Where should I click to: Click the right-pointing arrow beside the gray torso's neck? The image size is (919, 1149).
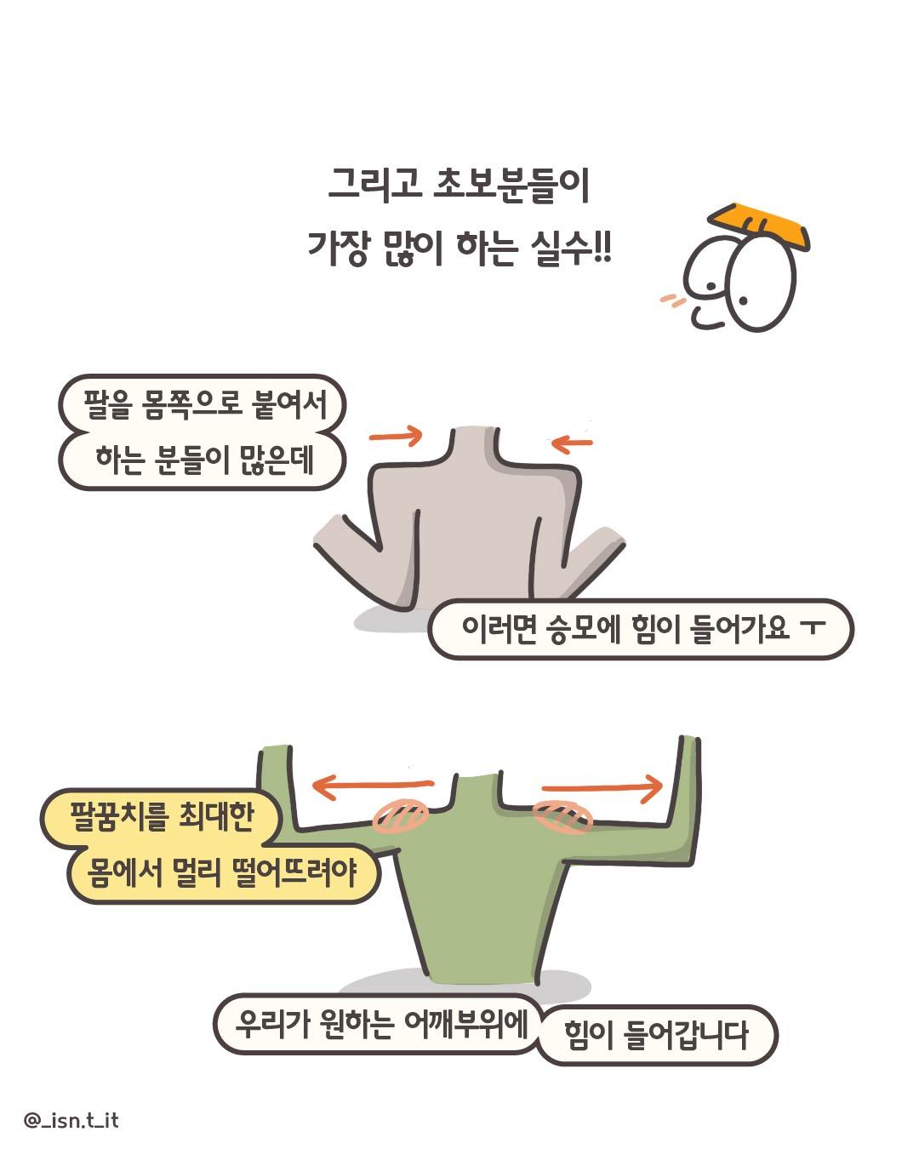(396, 436)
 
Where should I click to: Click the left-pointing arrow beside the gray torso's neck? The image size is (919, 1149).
(572, 442)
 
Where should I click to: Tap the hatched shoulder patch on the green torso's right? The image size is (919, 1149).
(562, 816)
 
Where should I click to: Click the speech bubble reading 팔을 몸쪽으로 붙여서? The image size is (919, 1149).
(203, 405)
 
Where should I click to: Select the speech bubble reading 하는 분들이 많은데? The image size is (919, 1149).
(203, 461)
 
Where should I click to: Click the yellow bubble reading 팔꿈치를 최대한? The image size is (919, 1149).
(161, 818)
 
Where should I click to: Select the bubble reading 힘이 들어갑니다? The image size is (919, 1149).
(656, 1036)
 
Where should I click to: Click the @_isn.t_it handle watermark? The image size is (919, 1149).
(71, 1120)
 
